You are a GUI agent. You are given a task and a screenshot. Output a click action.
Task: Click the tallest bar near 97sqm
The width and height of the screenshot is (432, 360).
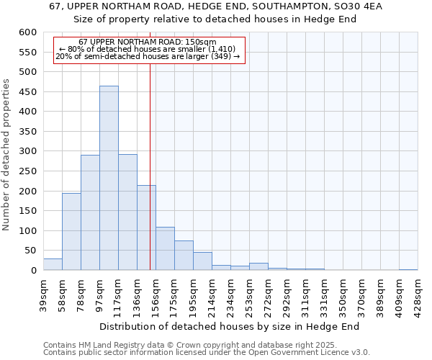[109, 178]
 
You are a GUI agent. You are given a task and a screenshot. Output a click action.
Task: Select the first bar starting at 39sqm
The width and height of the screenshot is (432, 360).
[53, 264]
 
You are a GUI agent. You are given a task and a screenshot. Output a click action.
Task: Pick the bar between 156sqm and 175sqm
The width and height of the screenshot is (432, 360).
[165, 248]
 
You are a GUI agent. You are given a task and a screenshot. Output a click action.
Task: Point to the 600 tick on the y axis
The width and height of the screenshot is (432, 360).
[27, 32]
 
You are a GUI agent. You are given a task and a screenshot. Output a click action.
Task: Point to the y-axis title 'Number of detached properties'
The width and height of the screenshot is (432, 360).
[7, 156]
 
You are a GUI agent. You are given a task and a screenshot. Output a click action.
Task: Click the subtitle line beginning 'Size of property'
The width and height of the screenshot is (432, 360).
[216, 19]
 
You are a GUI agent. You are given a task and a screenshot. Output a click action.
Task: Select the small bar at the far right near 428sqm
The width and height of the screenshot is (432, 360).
[408, 269]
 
